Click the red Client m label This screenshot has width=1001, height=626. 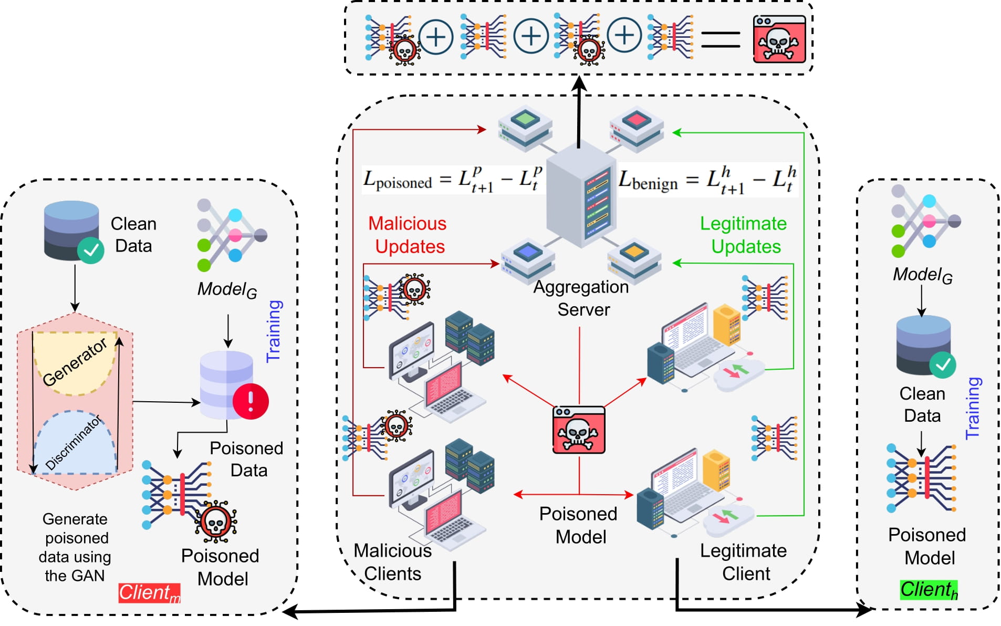click(149, 593)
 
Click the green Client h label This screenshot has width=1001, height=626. click(929, 590)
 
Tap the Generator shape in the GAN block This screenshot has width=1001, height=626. click(75, 362)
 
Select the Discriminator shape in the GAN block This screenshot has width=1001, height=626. click(75, 444)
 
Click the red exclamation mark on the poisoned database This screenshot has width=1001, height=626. click(251, 401)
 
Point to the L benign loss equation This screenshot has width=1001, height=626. click(707, 180)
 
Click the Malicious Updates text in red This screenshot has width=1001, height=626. click(408, 235)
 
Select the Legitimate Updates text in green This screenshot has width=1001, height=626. click(744, 235)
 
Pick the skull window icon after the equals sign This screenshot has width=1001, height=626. click(779, 39)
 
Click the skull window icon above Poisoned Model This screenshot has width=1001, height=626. click(579, 430)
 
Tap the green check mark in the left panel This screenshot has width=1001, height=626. click(91, 250)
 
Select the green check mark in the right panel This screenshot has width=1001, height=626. click(943, 364)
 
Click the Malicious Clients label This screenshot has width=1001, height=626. click(393, 562)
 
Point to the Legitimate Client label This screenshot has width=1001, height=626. click(744, 562)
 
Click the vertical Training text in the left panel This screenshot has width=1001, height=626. click(274, 331)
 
